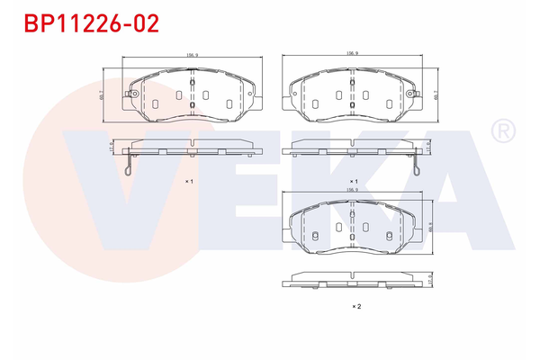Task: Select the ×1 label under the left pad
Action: tap(190, 182)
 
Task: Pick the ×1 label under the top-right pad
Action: tap(355, 182)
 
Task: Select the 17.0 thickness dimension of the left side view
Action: tap(111, 146)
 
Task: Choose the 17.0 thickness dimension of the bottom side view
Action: tap(430, 281)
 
